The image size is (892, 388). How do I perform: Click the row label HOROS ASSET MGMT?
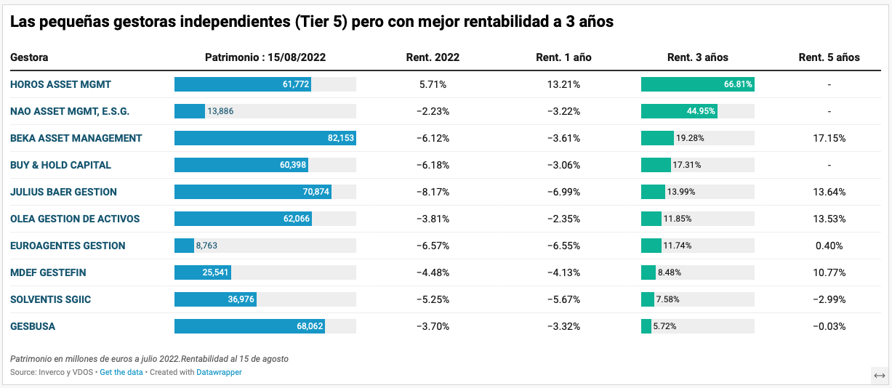(x=60, y=84)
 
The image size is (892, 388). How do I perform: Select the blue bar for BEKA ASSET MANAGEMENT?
(x=265, y=138)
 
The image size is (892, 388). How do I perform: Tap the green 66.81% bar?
(x=697, y=84)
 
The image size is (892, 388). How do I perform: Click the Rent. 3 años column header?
(x=697, y=57)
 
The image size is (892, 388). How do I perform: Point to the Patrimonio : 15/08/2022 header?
(x=265, y=57)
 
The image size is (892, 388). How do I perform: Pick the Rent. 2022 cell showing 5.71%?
(x=433, y=84)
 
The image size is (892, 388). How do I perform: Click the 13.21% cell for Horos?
(x=563, y=84)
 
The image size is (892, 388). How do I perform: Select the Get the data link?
(x=121, y=372)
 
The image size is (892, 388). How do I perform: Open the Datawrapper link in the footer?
(x=219, y=372)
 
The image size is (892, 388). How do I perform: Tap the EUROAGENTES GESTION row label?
(x=68, y=246)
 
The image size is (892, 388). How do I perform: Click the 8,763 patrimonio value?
(x=206, y=246)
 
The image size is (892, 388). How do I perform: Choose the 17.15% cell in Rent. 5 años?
(x=829, y=138)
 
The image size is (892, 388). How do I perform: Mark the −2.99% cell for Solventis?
(x=829, y=299)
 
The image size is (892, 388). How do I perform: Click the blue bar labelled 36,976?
(x=215, y=299)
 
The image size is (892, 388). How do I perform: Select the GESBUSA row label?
(x=33, y=326)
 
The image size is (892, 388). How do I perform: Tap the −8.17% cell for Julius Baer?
(x=433, y=192)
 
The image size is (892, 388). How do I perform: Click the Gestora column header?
(x=29, y=57)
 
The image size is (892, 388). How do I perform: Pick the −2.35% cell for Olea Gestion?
(x=563, y=219)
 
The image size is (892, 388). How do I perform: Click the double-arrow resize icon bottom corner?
(x=880, y=375)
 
